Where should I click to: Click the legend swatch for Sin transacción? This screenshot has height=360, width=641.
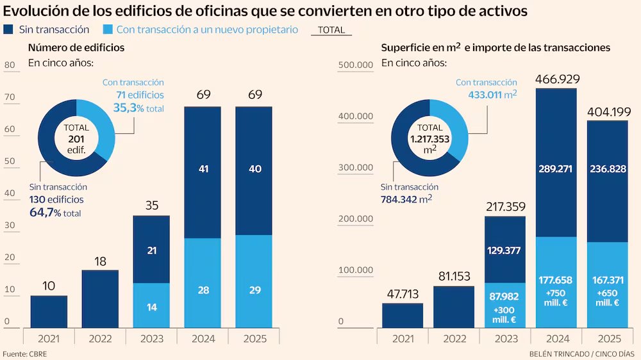tap(9, 29)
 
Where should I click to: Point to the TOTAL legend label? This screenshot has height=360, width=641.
tap(331, 30)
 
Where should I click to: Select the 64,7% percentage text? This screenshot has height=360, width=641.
tap(45, 212)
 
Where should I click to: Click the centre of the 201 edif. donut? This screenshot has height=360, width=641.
tap(76, 137)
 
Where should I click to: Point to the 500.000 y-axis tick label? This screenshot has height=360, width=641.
tap(354, 65)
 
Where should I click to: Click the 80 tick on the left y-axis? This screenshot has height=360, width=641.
tap(10, 65)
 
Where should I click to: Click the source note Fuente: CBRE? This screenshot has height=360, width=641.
tap(24, 354)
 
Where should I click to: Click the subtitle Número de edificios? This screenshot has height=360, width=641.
tap(76, 48)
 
